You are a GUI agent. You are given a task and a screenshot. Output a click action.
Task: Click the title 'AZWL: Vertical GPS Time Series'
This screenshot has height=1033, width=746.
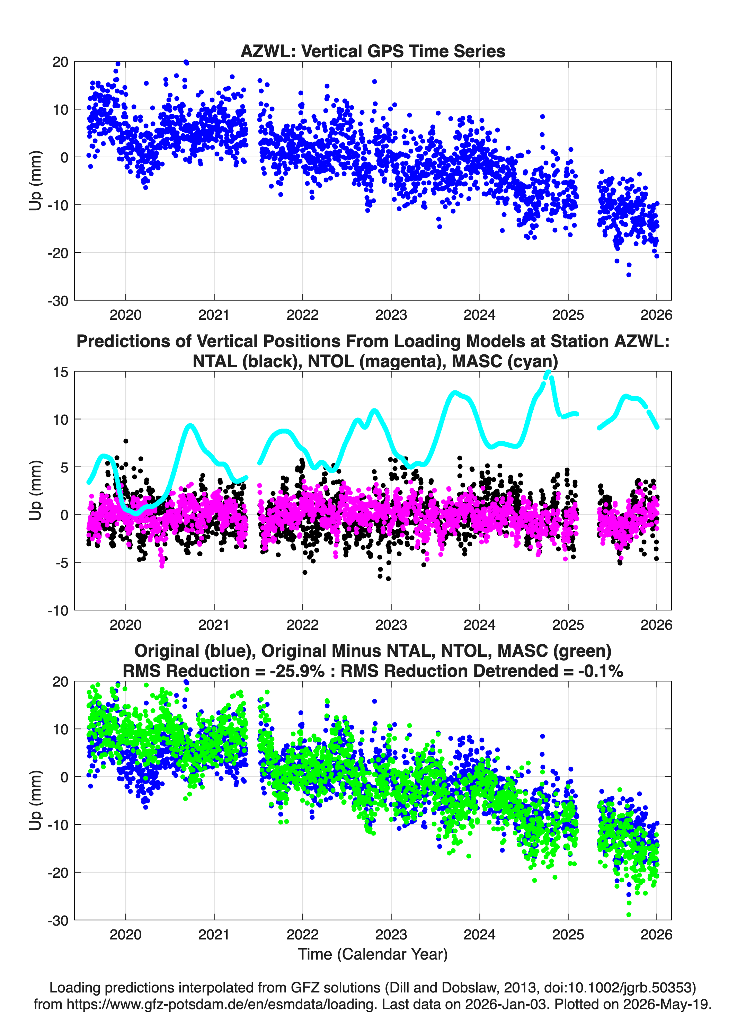[x=373, y=51]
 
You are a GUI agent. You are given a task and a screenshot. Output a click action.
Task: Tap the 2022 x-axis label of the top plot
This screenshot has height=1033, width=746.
[x=302, y=315]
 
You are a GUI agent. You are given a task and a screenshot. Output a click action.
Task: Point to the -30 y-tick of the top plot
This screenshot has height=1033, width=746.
[x=58, y=301]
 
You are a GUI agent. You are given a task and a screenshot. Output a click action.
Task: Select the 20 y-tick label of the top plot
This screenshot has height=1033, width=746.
[x=61, y=62]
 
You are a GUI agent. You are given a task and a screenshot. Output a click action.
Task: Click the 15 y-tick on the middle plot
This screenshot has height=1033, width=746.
[x=61, y=372]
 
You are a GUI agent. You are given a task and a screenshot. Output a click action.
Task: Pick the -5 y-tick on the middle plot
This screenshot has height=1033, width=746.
[x=62, y=563]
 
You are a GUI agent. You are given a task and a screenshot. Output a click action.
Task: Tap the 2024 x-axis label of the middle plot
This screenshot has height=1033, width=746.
[x=480, y=625]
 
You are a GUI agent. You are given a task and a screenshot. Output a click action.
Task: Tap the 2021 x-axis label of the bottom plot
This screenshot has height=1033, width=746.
[x=214, y=934]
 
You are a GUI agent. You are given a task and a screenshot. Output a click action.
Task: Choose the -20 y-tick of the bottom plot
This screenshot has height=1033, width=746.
[x=58, y=872]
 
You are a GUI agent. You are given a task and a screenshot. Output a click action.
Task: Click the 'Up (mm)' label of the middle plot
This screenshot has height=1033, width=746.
[x=35, y=490]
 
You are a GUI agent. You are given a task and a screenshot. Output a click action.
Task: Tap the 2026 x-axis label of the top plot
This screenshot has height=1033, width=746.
[x=656, y=315]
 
